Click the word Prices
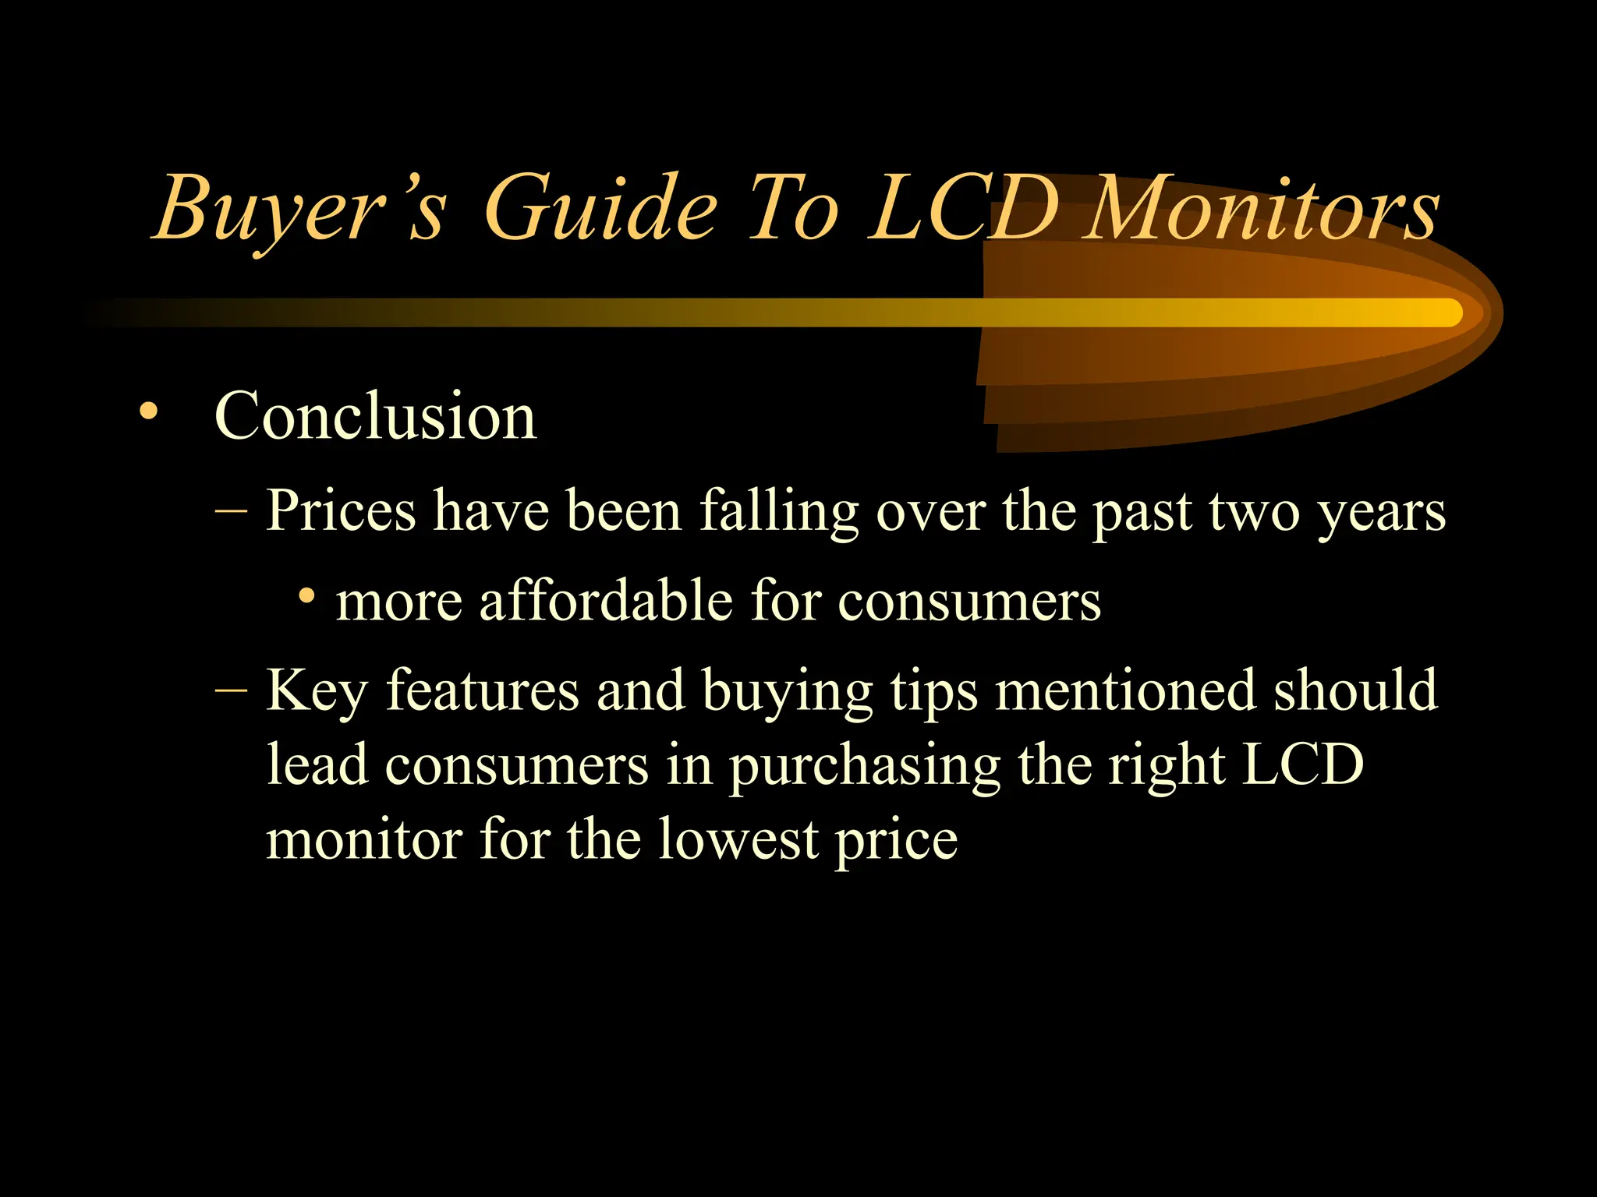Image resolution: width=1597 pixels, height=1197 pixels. pyautogui.click(x=341, y=511)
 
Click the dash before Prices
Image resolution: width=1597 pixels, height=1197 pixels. pyautogui.click(x=231, y=512)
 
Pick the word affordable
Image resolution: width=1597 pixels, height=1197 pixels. pyautogui.click(x=605, y=601)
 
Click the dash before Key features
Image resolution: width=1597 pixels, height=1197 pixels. pyautogui.click(x=231, y=690)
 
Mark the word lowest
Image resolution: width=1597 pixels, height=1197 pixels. pyautogui.click(x=738, y=839)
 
